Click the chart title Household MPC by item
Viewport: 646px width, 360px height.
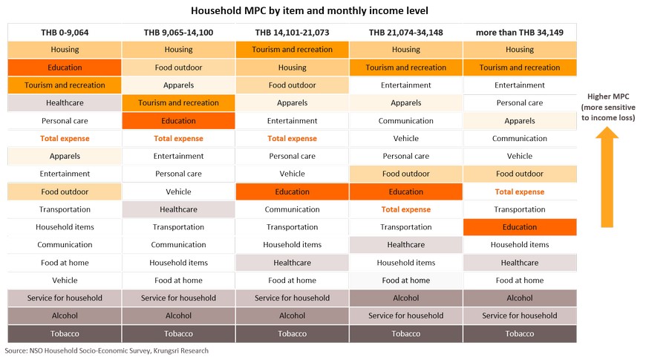pos(310,10)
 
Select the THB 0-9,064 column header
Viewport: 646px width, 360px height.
pos(65,33)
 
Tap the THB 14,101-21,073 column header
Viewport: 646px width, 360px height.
pos(292,33)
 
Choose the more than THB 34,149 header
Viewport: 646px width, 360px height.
pos(520,33)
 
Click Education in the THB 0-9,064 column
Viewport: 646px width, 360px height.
pos(65,68)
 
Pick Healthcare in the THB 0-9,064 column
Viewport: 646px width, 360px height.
pos(65,103)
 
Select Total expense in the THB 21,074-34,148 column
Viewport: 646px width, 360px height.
pos(406,209)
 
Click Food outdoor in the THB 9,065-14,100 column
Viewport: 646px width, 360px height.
pos(178,68)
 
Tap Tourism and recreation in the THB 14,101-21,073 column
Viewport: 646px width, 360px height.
pos(292,50)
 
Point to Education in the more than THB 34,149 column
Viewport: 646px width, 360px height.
pos(520,227)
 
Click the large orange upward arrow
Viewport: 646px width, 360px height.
pos(607,177)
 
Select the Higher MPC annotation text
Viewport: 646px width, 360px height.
pos(608,107)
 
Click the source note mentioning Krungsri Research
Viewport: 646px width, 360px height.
pos(107,350)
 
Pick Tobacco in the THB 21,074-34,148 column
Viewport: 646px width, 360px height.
pos(406,333)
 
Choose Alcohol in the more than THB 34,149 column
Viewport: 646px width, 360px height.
pos(520,298)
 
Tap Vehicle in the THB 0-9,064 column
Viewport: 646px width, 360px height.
pos(65,280)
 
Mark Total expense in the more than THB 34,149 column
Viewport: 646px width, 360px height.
pos(520,192)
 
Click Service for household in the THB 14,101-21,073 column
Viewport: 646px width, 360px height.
pos(292,298)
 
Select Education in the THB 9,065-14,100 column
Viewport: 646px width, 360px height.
pos(178,121)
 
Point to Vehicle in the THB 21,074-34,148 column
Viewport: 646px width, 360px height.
pos(406,138)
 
